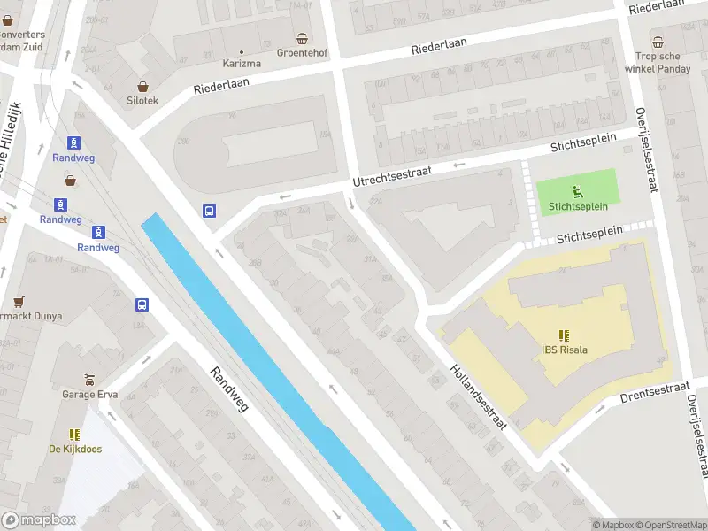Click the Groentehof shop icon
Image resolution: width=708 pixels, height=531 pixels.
[x=303, y=38]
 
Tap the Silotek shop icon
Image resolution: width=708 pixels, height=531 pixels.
[x=142, y=86]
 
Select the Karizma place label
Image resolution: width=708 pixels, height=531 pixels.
[x=241, y=63]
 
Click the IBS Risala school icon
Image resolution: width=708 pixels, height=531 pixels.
[x=565, y=335]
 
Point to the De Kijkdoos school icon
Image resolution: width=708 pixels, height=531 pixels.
[x=75, y=435]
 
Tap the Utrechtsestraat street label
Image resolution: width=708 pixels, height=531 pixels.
[x=392, y=173]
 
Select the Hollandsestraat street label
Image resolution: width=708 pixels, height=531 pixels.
[x=477, y=396]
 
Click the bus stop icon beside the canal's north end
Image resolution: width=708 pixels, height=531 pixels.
[x=210, y=211]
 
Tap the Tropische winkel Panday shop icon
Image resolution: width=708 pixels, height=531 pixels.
[x=658, y=42]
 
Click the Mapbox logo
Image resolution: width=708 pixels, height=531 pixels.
[x=39, y=520]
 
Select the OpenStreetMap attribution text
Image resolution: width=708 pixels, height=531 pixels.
[x=669, y=525]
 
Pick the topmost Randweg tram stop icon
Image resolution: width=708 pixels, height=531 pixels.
[x=73, y=142]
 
